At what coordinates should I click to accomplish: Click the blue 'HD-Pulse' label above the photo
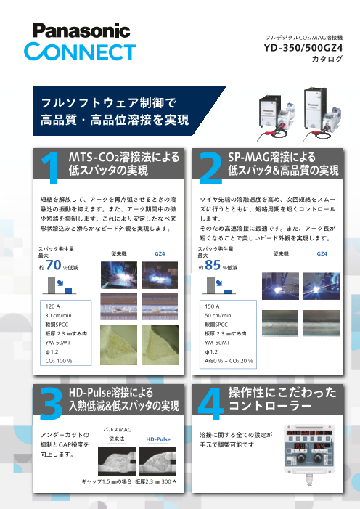158,439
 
